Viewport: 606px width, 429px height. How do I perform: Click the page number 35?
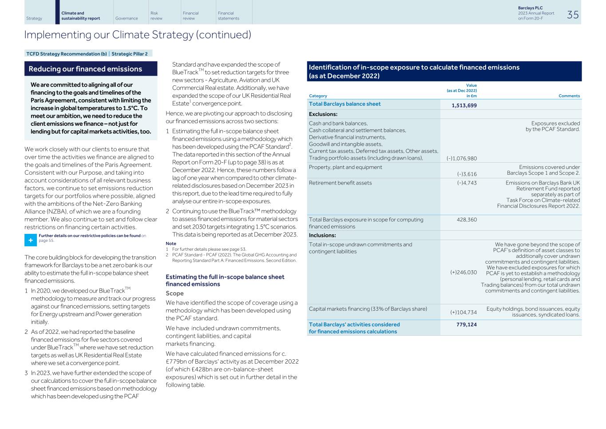pyautogui.click(x=573, y=15)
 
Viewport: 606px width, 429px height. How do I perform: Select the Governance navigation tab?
pyautogui.click(x=126, y=18)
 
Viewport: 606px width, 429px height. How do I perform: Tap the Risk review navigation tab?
pyautogui.click(x=156, y=16)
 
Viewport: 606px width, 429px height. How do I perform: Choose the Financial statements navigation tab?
pyautogui.click(x=228, y=16)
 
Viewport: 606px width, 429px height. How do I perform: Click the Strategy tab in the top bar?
pyautogui.click(x=34, y=18)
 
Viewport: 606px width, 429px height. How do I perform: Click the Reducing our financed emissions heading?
pyautogui.click(x=85, y=69)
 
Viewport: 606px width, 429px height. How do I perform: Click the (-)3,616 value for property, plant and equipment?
pyautogui.click(x=466, y=174)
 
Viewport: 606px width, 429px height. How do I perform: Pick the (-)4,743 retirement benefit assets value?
pyautogui.click(x=467, y=183)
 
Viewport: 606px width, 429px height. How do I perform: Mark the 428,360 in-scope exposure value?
pyautogui.click(x=467, y=220)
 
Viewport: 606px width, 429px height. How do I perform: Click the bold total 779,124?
pyautogui.click(x=466, y=325)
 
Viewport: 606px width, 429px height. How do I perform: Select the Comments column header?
pyautogui.click(x=569, y=96)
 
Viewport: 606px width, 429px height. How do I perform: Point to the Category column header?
pyautogui.click(x=318, y=96)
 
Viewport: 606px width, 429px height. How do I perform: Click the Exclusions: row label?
pyautogui.click(x=323, y=114)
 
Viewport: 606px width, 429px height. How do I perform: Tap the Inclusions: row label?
pyautogui.click(x=322, y=236)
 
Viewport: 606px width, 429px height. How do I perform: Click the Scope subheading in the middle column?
pyautogui.click(x=174, y=293)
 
